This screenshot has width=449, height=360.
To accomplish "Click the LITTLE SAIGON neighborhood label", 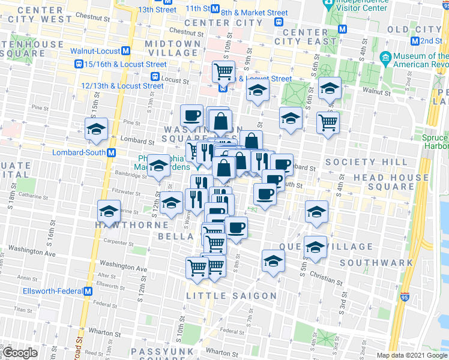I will point(231,296).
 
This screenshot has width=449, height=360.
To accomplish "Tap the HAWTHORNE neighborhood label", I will point(136,224).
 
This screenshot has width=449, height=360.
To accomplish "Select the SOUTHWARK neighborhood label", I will point(376,263).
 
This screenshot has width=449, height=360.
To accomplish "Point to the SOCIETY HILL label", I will point(358,163).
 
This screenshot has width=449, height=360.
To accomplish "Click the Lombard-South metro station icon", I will point(112,152).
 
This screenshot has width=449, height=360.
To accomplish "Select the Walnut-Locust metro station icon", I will point(126,52).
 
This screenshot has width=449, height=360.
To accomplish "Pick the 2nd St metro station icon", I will point(415,41).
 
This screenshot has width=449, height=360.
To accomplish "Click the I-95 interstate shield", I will point(406,296).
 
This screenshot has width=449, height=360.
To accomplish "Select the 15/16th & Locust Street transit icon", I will point(79,64).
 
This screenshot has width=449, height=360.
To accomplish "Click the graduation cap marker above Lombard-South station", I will point(96,129).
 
